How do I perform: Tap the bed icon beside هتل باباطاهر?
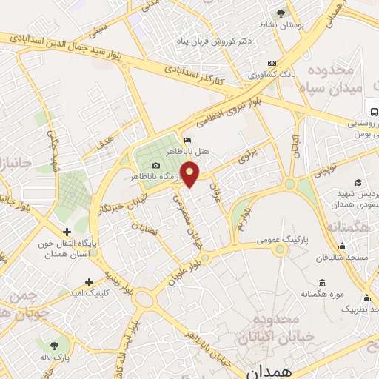tap(187, 141)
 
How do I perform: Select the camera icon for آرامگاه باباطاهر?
tap(155, 165)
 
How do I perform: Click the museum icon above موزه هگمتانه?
tap(321, 283)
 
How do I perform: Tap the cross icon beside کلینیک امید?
tap(90, 282)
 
